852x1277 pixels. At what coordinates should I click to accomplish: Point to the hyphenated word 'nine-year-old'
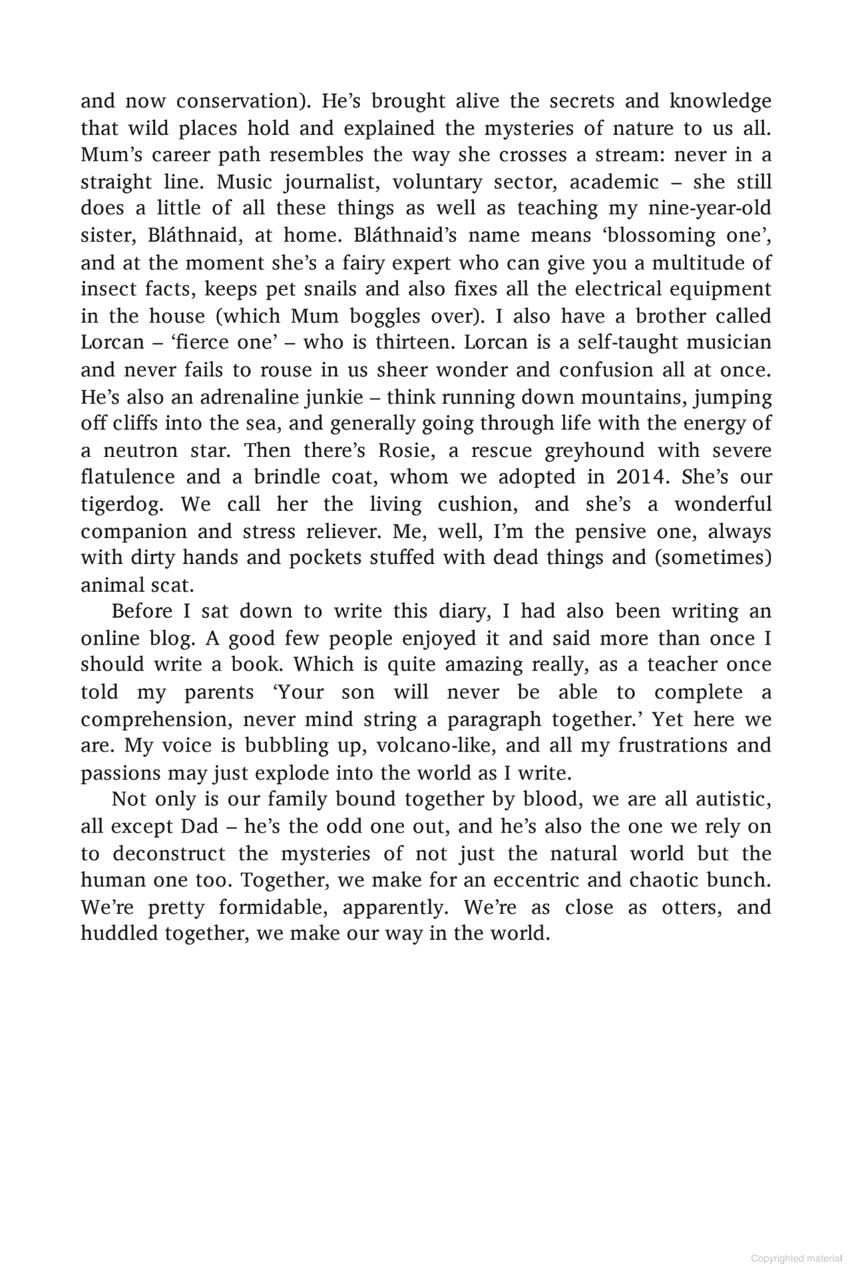[710, 208]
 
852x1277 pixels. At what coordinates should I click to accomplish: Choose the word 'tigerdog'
[122, 504]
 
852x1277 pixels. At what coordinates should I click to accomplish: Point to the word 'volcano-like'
[435, 746]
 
